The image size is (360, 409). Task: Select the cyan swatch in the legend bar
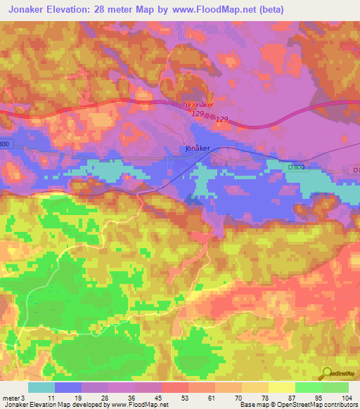41,387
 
